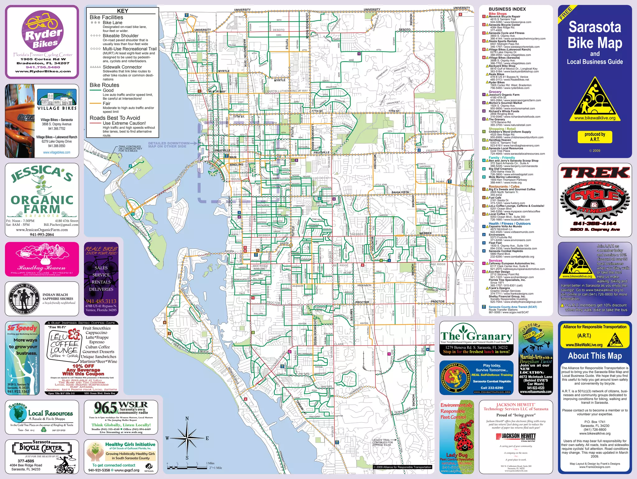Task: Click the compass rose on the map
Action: pos(187,438)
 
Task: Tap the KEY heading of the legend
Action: pos(123,11)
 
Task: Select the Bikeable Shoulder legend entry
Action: pos(121,36)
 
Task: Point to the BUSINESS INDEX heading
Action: pos(507,9)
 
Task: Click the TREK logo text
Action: pos(595,173)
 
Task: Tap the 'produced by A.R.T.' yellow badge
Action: pos(595,137)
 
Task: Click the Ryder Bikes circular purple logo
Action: pos(42,31)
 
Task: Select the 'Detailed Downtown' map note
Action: pos(169,145)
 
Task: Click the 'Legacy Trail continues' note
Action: pos(383,442)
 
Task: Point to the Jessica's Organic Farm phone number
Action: pos(42,235)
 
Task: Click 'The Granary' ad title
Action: pos(476,336)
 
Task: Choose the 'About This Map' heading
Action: pos(595,356)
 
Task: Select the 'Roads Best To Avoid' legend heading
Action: pos(115,118)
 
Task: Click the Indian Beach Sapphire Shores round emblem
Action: pos(24,299)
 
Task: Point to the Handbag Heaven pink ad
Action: pos(42,259)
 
